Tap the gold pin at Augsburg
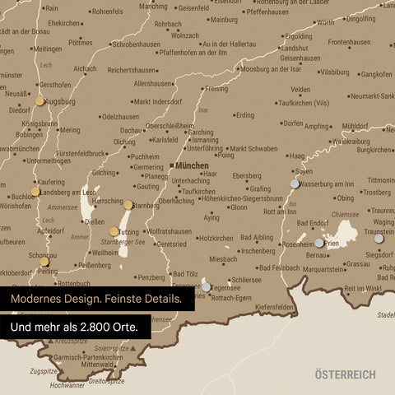click(x=39, y=101)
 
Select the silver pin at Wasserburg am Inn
click(x=295, y=184)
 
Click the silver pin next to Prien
click(x=319, y=243)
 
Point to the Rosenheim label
click(x=297, y=244)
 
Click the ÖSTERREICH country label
click(x=345, y=374)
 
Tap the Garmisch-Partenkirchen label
click(x=90, y=357)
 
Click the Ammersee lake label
click(x=63, y=207)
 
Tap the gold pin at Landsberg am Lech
click(x=35, y=191)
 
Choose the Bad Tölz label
click(x=185, y=274)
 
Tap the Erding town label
click(x=245, y=115)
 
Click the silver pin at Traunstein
click(x=379, y=238)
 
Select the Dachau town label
click(x=131, y=130)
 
